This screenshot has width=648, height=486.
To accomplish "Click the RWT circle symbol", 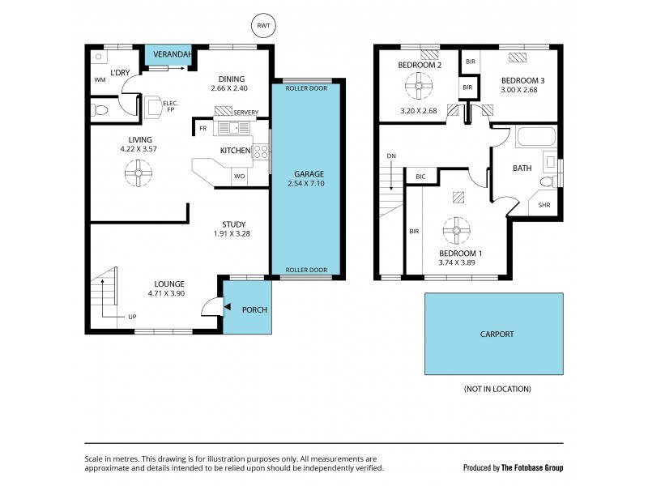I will (262, 26).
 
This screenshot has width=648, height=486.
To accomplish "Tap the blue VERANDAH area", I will (168, 55).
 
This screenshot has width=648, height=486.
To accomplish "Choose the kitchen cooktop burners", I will (261, 151).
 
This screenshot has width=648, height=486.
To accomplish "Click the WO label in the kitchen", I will (240, 176).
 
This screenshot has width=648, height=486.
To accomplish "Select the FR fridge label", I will (202, 128).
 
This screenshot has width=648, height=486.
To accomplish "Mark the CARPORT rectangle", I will (494, 334).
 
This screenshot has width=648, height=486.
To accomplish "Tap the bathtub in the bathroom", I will (535, 137).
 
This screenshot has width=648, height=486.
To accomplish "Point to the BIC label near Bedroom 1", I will (420, 176).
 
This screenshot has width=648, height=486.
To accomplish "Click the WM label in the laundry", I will (100, 79).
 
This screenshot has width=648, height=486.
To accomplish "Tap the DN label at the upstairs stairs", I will (391, 156).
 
